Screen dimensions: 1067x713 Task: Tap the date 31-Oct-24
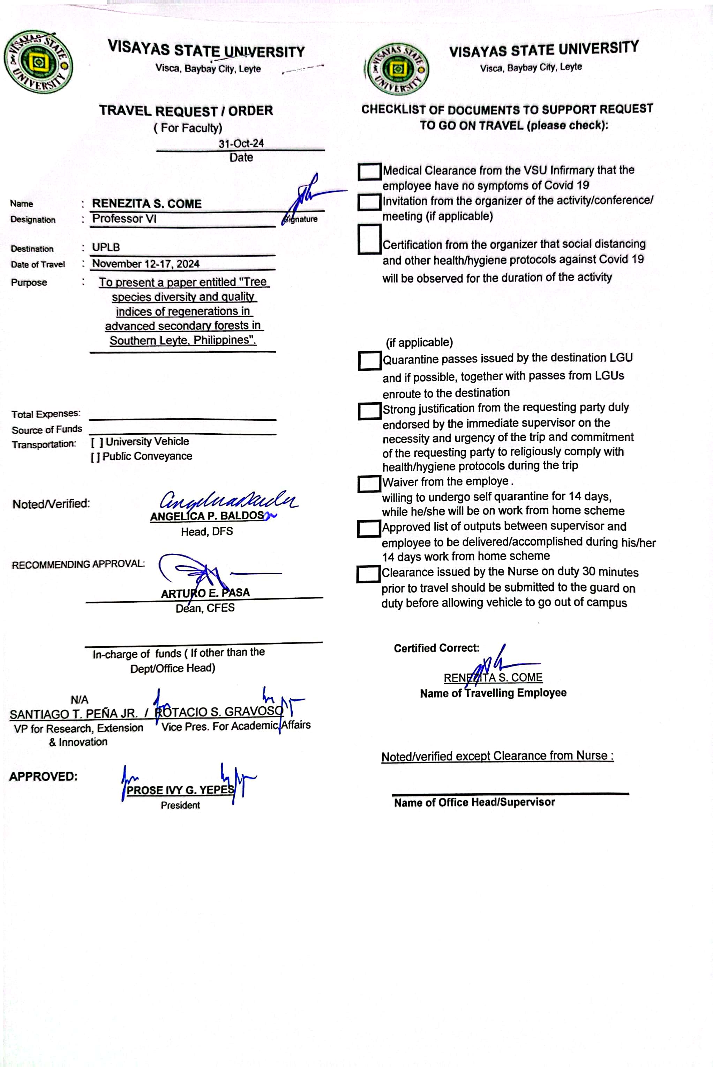241,144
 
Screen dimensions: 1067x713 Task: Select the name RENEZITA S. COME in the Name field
147,204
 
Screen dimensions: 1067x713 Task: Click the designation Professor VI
124,219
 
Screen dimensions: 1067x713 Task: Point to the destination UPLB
106,248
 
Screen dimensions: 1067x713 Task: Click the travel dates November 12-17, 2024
145,264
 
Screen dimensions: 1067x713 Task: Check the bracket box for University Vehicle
96,442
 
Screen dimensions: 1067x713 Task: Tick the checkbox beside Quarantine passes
369,360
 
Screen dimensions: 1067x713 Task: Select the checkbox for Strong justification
369,411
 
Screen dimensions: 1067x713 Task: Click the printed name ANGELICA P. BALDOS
207,516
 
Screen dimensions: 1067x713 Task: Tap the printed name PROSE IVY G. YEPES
180,790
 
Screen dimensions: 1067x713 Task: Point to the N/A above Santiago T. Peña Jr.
80,700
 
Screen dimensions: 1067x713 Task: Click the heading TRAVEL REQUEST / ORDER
186,111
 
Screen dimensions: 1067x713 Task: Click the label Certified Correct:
436,648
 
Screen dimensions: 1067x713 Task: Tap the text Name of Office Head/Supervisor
474,803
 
